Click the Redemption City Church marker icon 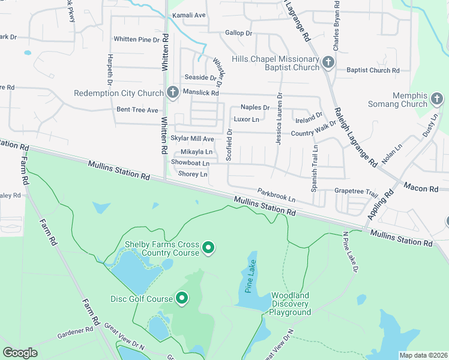(x=173, y=92)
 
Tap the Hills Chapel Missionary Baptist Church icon (x=328, y=62)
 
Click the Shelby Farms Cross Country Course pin (x=208, y=247)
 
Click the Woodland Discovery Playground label (x=290, y=304)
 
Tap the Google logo (x=20, y=353)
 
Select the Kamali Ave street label (x=188, y=15)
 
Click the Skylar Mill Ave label (x=192, y=139)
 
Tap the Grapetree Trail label (x=356, y=194)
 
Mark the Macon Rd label (x=421, y=188)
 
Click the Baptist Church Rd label (x=373, y=70)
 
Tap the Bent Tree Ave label (x=137, y=110)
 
